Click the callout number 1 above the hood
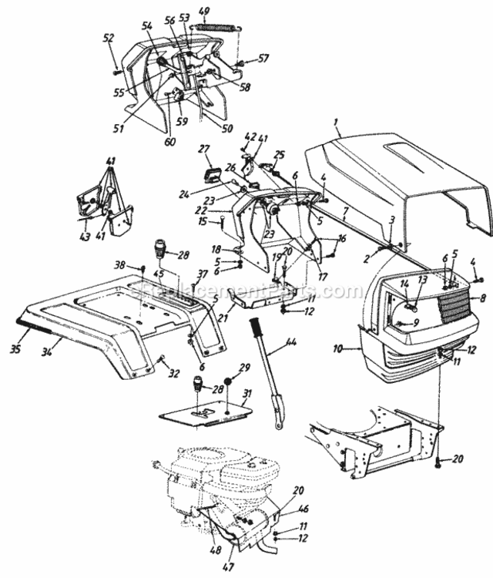[x=336, y=122]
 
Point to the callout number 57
[x=263, y=58]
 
